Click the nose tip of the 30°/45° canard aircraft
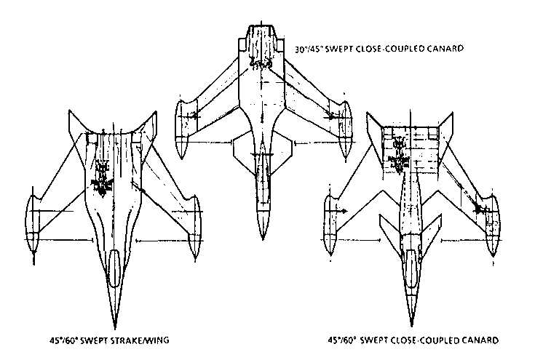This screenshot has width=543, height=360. [261, 238]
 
